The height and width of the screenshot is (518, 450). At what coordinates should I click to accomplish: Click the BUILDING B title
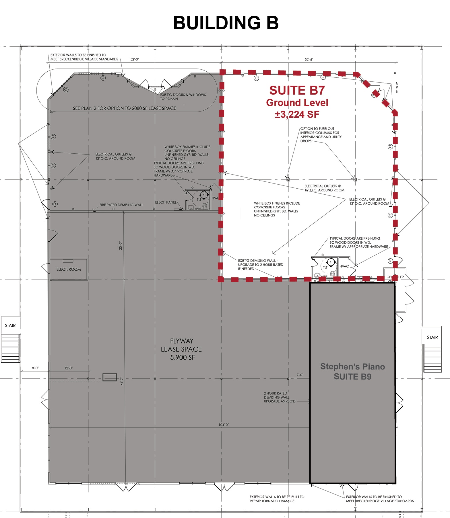(x=226, y=23)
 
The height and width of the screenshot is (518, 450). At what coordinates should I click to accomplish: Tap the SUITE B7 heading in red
(x=297, y=91)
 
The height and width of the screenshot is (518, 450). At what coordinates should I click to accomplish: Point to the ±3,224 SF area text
(x=297, y=114)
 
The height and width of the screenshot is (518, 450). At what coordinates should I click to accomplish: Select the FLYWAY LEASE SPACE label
(x=181, y=349)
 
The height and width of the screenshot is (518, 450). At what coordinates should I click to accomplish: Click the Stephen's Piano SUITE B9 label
(x=352, y=372)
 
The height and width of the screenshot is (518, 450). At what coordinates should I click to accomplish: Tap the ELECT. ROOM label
(x=69, y=269)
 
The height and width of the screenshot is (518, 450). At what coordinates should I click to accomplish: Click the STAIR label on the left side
(x=10, y=325)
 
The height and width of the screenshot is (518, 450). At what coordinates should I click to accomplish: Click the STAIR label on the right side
(x=432, y=337)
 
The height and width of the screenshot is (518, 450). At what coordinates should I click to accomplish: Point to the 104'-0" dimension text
(x=224, y=425)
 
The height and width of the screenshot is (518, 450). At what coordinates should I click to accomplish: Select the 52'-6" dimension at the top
(x=309, y=60)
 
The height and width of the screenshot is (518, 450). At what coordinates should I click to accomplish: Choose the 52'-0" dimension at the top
(x=134, y=59)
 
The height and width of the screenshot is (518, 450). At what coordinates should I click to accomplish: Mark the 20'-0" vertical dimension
(x=121, y=246)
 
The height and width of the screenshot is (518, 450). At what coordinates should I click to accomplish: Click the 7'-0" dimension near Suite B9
(x=300, y=375)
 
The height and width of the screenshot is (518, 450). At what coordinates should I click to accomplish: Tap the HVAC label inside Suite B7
(x=344, y=266)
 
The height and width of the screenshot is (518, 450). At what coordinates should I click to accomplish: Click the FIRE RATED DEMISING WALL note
(x=121, y=205)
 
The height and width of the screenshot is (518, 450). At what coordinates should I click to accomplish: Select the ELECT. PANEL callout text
(x=166, y=202)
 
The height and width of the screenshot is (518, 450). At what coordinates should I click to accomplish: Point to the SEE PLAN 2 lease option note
(x=125, y=108)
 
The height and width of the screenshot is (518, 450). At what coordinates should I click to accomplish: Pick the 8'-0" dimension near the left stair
(x=35, y=368)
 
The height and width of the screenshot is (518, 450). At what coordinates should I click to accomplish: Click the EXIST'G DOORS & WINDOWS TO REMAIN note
(x=183, y=97)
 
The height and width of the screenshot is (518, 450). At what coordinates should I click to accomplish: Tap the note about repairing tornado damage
(x=277, y=499)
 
